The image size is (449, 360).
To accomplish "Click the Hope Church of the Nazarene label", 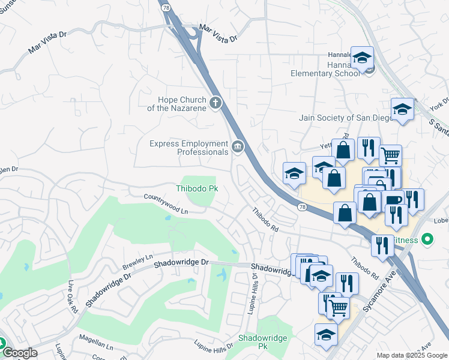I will click(177, 104).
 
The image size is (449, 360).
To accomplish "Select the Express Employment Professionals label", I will click(190, 147).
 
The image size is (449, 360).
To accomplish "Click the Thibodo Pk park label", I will click(196, 188).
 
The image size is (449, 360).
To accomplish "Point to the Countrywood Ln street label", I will click(166, 204).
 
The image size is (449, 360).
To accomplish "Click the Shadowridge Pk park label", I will click(261, 342).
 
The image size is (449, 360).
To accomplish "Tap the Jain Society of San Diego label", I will click(345, 117).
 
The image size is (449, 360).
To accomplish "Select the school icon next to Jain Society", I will click(402, 110).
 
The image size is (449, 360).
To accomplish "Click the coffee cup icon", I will click(394, 200).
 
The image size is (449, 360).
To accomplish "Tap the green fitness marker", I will click(427, 240).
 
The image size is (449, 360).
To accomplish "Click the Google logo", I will click(20, 353).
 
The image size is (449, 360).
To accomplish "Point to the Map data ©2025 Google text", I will click(412, 355).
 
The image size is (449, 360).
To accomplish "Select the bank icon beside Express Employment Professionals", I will click(238, 146).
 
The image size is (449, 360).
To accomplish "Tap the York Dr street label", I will click(440, 103).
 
